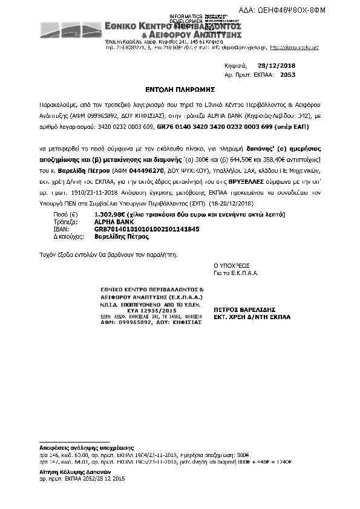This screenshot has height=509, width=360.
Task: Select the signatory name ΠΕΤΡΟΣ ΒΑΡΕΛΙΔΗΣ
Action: pyautogui.click(x=240, y=308)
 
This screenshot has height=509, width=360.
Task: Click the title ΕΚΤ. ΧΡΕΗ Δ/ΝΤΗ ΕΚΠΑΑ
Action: pyautogui.click(x=247, y=316)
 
